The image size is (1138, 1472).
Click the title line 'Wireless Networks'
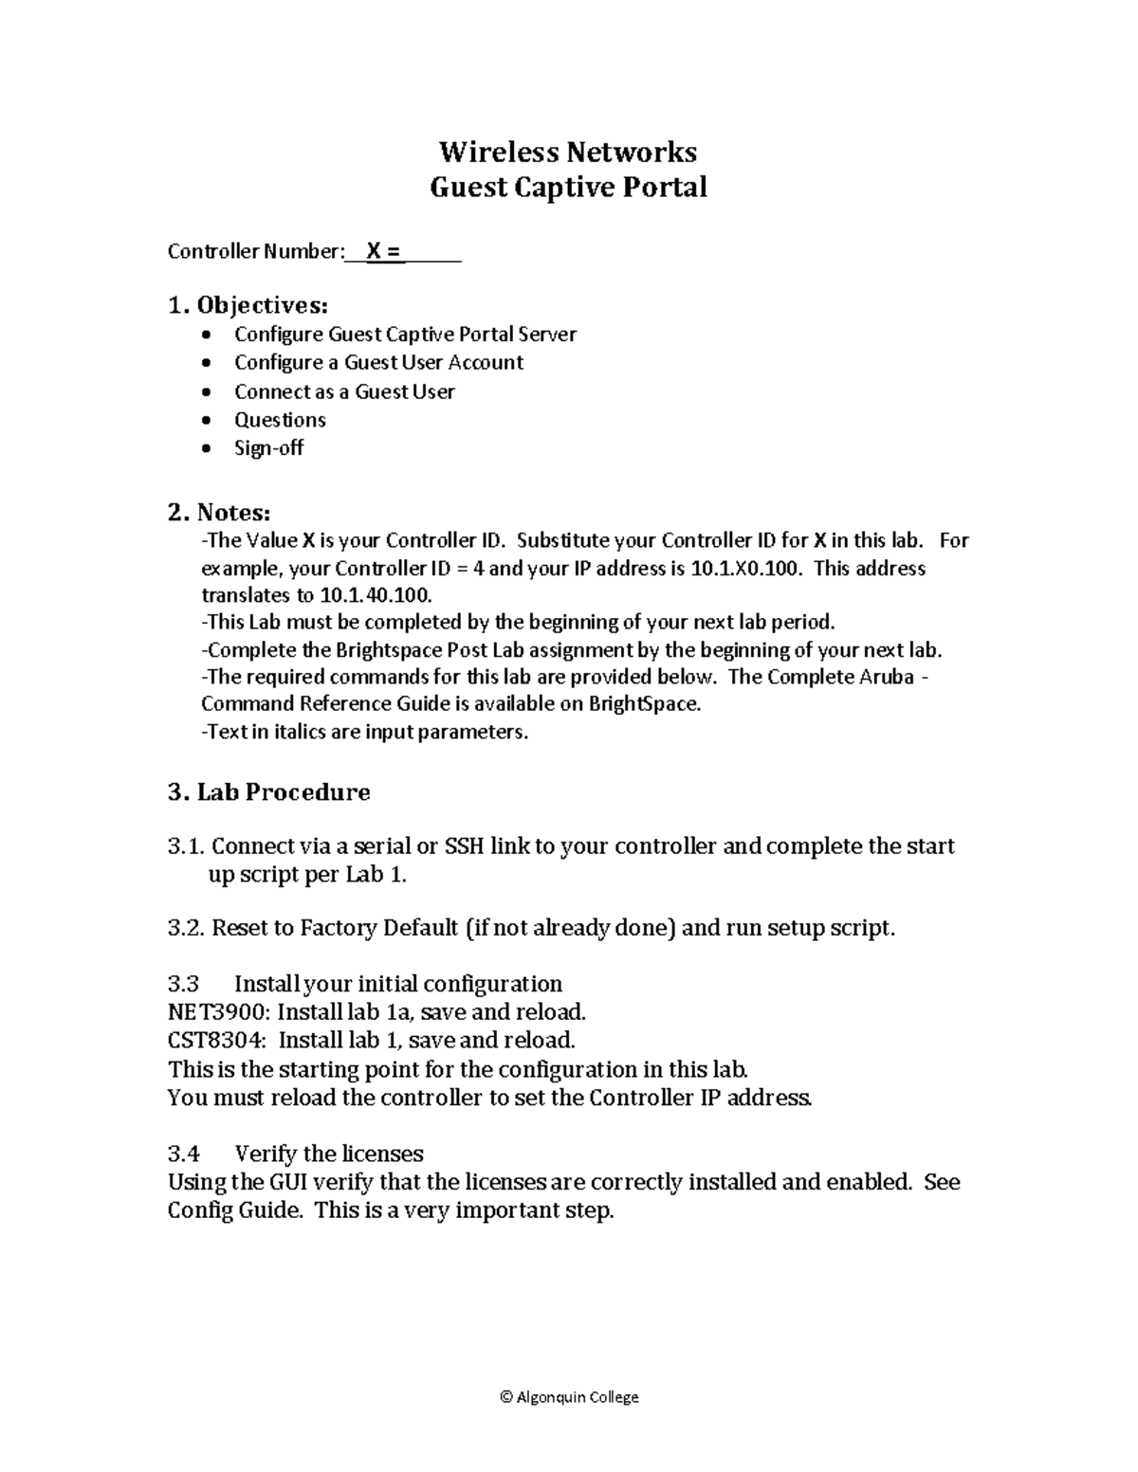[x=568, y=152]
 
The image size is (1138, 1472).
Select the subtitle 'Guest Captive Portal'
[x=568, y=187]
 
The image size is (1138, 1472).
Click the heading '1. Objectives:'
[x=248, y=305]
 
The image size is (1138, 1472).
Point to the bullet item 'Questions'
[x=280, y=420]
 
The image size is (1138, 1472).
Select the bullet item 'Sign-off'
[x=268, y=448]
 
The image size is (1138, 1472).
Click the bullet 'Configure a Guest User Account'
[x=378, y=362]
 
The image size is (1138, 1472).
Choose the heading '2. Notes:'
[x=219, y=513]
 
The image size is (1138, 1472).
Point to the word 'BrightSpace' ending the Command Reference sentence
[x=643, y=704]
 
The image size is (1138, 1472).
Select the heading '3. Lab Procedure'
[x=268, y=792]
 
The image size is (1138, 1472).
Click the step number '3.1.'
[x=186, y=846]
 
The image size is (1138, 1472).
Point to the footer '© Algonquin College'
[x=568, y=1397]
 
